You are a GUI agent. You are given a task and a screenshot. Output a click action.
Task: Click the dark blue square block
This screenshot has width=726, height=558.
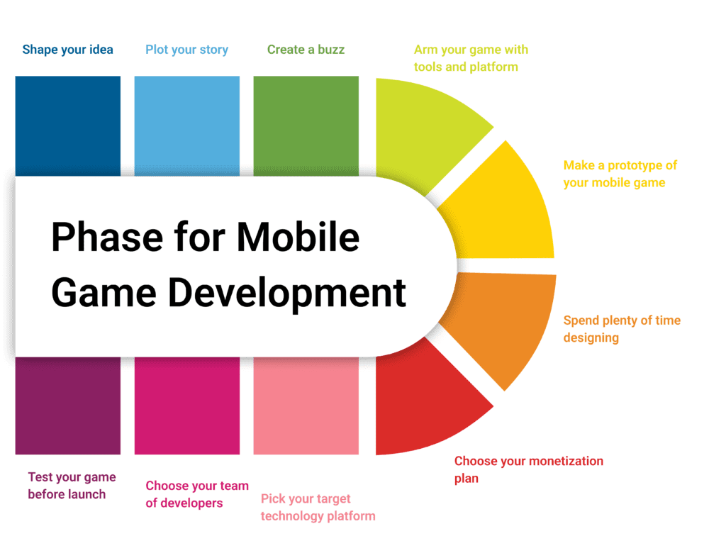(67, 126)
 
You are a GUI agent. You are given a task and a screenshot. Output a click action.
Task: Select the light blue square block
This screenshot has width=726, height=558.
(187, 126)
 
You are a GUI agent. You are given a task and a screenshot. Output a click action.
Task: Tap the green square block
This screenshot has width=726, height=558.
(306, 126)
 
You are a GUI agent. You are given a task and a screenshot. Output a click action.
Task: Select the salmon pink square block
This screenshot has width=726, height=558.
(306, 406)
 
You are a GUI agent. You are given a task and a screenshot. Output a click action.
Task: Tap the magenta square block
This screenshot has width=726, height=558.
(187, 406)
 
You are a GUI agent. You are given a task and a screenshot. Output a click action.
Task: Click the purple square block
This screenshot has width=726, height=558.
(67, 406)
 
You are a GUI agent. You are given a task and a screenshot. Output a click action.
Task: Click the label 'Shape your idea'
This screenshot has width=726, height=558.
(67, 50)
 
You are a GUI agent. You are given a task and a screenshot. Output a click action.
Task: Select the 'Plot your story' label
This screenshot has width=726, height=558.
(186, 50)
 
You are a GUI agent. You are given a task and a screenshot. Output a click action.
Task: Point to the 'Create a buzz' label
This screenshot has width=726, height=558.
(306, 50)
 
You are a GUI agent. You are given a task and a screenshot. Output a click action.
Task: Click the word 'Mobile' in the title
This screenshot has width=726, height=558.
(298, 237)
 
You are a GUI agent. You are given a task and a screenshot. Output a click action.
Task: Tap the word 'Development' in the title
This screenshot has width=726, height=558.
(287, 294)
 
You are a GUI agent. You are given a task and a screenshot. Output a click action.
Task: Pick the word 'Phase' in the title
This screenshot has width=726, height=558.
(107, 237)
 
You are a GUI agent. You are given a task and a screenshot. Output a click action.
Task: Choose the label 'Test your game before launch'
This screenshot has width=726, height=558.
(72, 486)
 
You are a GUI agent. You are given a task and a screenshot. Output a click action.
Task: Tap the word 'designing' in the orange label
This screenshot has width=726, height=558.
(591, 338)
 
